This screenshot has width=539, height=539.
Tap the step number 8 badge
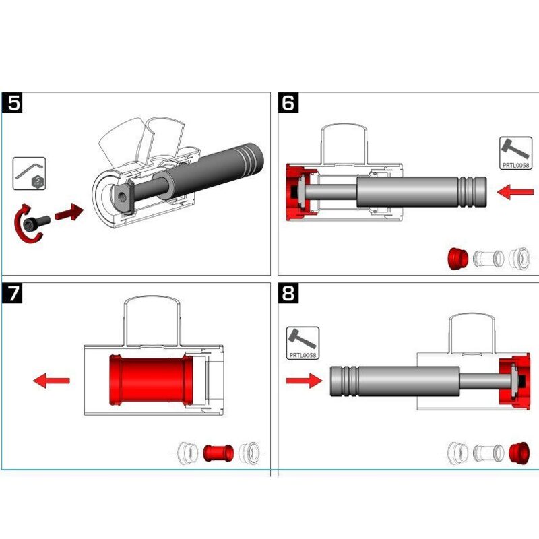click(x=289, y=294)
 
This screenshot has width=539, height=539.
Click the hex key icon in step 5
click(x=30, y=173)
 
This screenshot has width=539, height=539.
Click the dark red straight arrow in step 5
click(x=69, y=214)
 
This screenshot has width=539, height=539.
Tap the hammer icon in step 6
click(x=515, y=153)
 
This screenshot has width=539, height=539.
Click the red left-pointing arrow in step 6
click(x=514, y=193)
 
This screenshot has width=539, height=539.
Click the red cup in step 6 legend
click(x=458, y=257)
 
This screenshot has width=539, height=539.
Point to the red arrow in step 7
click(x=52, y=381)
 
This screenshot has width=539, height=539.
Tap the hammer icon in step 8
click(x=303, y=342)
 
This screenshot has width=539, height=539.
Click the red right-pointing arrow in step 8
click(x=303, y=381)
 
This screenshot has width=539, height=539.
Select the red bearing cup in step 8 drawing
click(x=513, y=381)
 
